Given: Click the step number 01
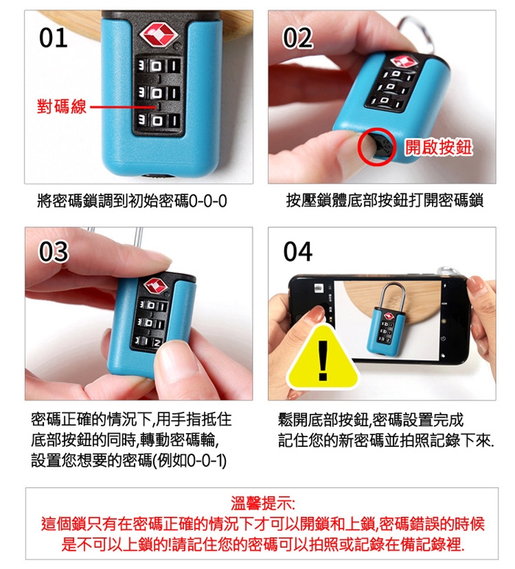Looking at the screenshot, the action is (x=53, y=37).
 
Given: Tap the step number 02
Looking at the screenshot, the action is (x=297, y=37).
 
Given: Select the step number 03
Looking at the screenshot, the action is (x=54, y=251).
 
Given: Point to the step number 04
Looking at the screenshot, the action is (x=297, y=251).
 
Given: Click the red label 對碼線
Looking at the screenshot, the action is (x=62, y=107).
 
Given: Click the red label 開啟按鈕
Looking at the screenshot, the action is (x=438, y=147).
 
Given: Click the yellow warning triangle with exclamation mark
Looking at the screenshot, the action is (x=323, y=357).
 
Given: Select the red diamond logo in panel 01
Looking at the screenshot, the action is (x=159, y=35).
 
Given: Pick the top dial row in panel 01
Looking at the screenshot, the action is (x=158, y=66).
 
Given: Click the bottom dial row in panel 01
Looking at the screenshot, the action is (x=158, y=120).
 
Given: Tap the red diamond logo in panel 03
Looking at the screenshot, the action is (x=156, y=285).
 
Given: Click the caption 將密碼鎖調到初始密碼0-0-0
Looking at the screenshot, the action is (x=132, y=201).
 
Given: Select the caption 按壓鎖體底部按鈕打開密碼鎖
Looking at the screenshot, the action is (x=385, y=200).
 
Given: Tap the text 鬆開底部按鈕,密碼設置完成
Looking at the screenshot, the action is (x=371, y=420).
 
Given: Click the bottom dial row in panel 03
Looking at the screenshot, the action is (x=149, y=342).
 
